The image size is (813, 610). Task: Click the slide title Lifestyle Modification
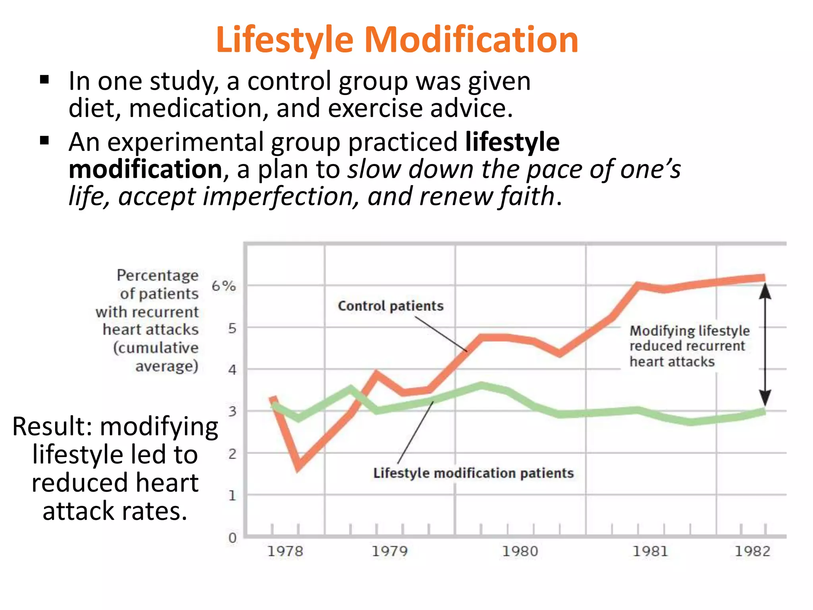[x=397, y=40]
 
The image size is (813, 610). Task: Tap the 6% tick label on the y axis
[x=223, y=286]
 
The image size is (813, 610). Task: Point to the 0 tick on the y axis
[x=232, y=538]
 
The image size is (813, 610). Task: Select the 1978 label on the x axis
[x=285, y=551]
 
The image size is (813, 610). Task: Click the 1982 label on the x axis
[x=752, y=551]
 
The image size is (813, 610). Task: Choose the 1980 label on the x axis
[x=520, y=551]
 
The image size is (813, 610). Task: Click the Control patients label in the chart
[x=391, y=306]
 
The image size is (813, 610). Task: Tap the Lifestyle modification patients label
[x=473, y=473]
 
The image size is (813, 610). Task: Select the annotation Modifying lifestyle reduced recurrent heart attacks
[x=689, y=346]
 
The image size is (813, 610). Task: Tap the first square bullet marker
[x=44, y=80]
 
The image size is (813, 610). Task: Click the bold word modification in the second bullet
[x=145, y=169]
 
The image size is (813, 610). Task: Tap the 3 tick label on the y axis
[x=232, y=411]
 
